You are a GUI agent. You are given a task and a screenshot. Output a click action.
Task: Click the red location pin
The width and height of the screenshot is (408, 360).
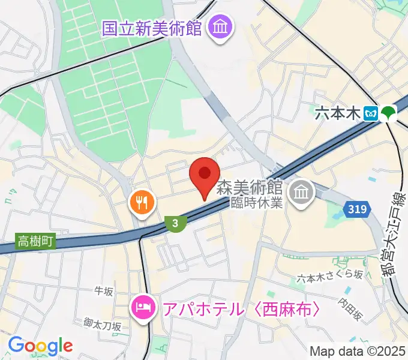[204, 175]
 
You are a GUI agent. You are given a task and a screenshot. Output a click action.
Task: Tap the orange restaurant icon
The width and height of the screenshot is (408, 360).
[142, 202]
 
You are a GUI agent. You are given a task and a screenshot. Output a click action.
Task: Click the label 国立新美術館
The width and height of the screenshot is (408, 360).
[151, 28]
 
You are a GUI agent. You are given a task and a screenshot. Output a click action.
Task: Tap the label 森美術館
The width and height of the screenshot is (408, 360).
[250, 187]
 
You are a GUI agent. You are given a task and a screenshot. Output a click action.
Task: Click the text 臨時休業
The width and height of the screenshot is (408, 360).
[257, 202]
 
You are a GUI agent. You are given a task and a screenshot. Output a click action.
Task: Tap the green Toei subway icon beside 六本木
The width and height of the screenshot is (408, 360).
[389, 112]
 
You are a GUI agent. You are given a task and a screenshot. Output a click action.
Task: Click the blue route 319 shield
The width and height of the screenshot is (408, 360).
[356, 209]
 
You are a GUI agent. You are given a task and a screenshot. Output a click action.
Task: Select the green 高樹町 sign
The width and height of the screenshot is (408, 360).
[35, 242]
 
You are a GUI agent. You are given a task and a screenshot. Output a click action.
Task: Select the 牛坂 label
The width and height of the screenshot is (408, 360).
[104, 292]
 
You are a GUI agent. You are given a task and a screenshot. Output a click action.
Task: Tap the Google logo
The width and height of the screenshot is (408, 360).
[40, 345]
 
